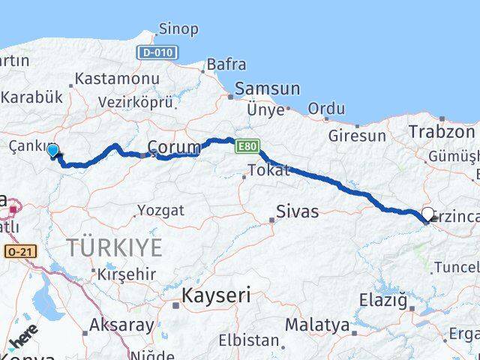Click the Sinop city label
tap(178, 29)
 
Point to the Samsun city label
tap(267, 88)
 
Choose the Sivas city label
tap(297, 211)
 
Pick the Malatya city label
tap(316, 325)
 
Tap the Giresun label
tap(357, 136)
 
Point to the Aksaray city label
tap(121, 325)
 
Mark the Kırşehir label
tap(125, 274)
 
